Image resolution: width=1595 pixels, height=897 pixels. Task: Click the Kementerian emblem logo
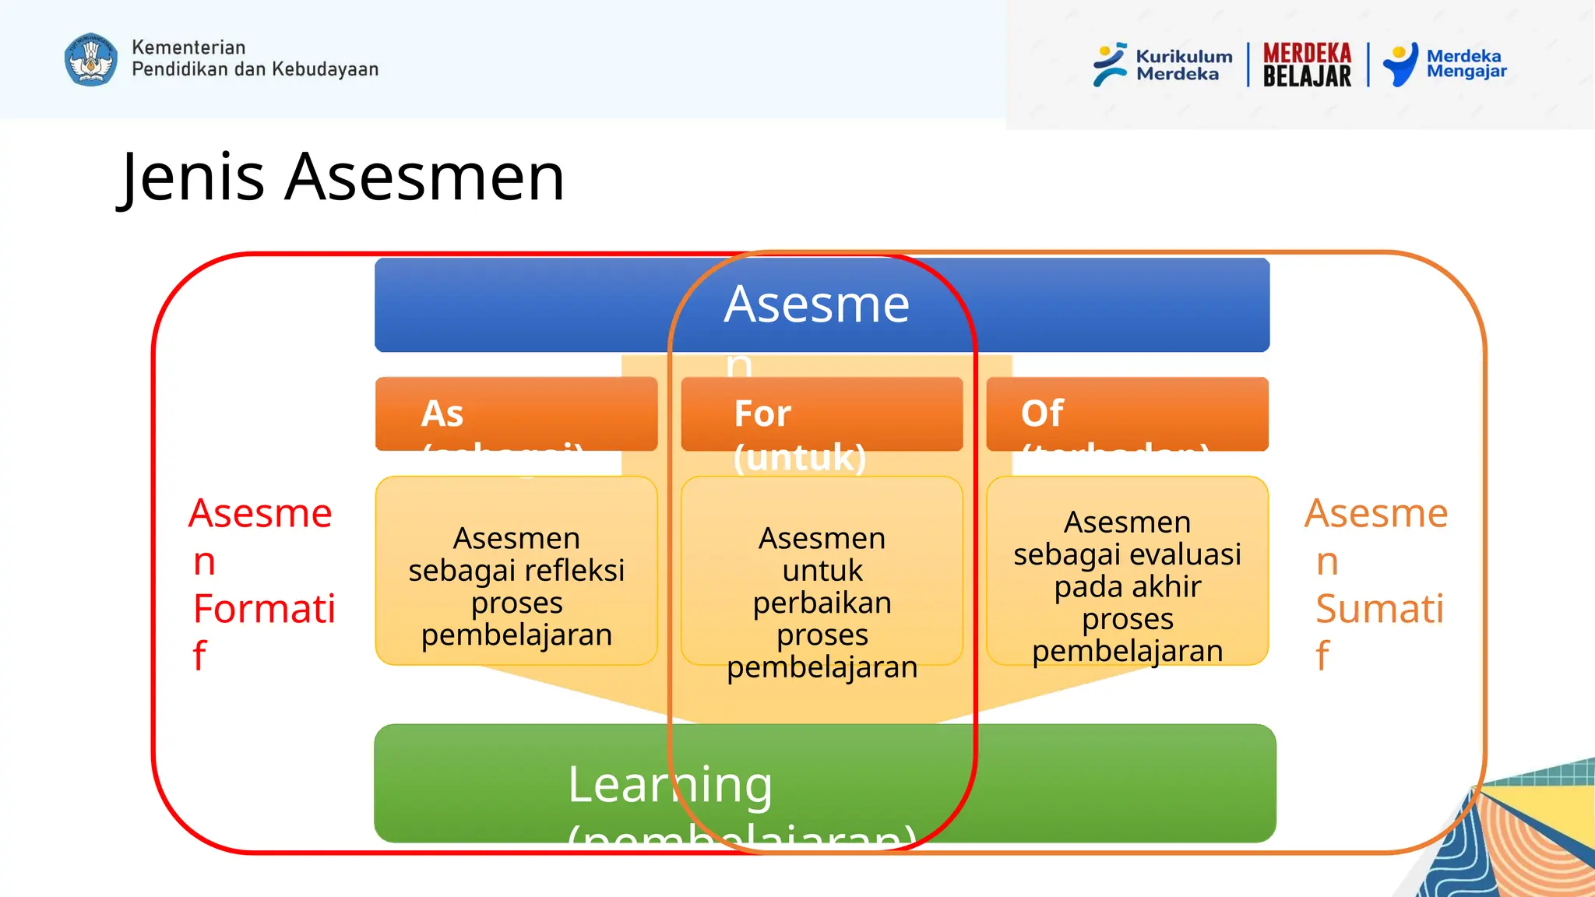90,59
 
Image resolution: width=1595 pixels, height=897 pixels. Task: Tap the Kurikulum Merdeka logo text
1183,65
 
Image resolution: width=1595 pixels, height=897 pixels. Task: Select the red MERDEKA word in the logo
1307,53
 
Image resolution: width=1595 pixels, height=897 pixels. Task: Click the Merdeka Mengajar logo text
1466,64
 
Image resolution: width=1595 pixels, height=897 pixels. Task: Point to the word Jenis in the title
194,178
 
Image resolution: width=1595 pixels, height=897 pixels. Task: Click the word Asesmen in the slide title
424,178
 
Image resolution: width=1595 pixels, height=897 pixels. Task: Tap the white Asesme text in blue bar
816,304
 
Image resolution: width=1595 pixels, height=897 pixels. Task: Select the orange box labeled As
516,413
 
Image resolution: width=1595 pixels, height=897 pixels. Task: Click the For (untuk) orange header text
799,434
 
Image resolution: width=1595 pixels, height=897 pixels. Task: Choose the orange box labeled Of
1126,413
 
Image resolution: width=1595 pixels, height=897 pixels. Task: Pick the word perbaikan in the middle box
822,603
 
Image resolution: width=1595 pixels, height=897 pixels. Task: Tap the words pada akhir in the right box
1127,587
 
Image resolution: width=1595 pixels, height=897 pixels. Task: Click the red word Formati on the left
264,609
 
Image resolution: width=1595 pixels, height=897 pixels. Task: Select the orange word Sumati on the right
1378,609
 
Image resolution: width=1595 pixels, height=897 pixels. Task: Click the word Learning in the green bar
670,784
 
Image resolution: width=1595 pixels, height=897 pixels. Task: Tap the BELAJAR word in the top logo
1307,76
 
